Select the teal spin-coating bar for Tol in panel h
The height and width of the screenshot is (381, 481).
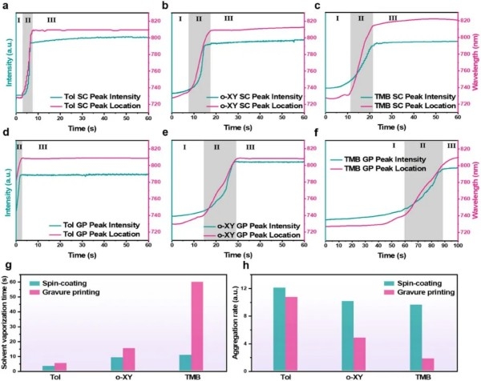tap(279, 329)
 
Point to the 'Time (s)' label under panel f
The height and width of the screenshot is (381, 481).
tap(403, 254)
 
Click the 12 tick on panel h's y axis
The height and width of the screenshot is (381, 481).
tap(257, 288)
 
